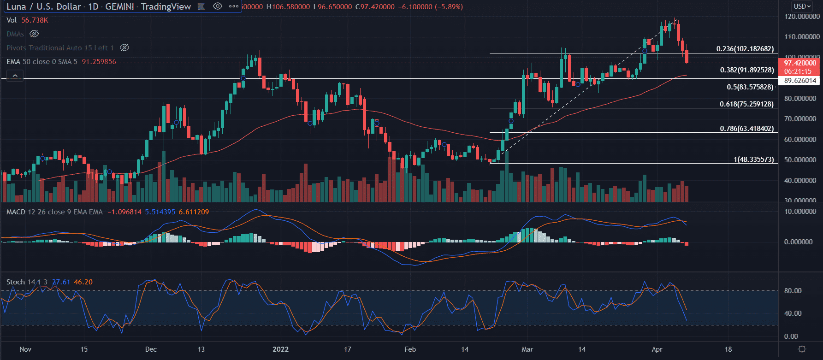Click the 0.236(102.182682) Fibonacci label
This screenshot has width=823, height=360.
745,49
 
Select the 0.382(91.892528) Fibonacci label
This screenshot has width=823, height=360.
747,70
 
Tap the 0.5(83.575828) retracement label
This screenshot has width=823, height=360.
750,87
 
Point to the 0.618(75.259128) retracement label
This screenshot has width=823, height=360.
746,104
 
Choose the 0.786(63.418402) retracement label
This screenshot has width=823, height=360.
746,129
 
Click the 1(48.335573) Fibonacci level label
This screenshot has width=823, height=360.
753,159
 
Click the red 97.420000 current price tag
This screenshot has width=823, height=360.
800,63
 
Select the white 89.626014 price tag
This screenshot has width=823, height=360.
800,81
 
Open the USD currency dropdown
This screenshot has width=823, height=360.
802,6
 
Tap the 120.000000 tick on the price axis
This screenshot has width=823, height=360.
802,17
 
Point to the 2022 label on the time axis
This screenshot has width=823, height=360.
280,349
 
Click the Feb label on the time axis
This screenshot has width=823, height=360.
410,349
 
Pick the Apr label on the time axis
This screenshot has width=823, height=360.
657,349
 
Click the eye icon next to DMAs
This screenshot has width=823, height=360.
34,34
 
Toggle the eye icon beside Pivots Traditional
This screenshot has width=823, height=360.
124,47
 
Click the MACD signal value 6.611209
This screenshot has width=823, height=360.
194,212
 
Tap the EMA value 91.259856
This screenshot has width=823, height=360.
99,62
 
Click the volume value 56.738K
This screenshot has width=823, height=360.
35,20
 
